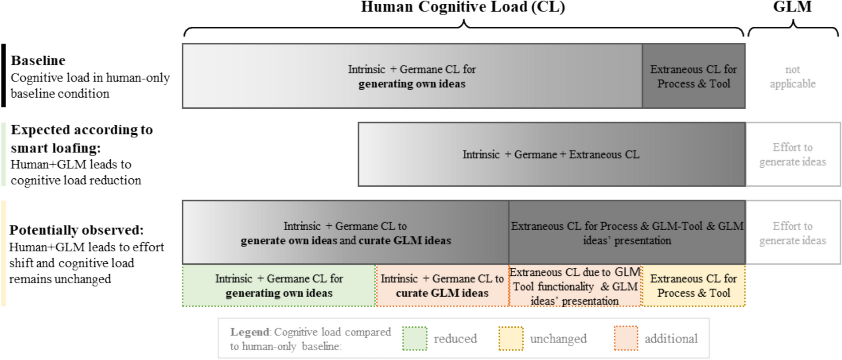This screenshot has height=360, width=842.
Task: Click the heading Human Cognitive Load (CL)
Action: click(x=462, y=7)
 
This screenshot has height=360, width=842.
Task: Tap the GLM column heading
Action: click(x=792, y=7)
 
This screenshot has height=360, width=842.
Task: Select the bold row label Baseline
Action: click(x=38, y=61)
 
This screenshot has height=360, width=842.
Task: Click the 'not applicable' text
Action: click(x=793, y=77)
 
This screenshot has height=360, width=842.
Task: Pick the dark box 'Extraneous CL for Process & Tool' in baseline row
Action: click(x=694, y=76)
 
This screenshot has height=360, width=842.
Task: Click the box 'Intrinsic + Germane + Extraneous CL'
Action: click(x=551, y=155)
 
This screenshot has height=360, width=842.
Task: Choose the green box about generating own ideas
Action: click(x=279, y=286)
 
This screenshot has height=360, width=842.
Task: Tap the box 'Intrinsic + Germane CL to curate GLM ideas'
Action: click(x=442, y=286)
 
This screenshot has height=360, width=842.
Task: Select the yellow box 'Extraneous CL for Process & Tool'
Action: click(x=694, y=286)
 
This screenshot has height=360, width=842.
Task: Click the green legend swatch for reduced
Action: click(x=414, y=338)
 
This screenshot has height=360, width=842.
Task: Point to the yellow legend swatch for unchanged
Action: click(x=511, y=338)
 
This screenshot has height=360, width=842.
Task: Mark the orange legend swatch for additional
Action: click(x=626, y=338)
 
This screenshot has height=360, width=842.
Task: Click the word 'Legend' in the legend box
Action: click(x=250, y=332)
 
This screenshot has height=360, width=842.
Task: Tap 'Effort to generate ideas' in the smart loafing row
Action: click(x=793, y=155)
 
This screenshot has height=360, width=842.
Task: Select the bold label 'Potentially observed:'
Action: click(x=76, y=230)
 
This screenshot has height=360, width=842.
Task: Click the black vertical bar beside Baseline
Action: click(x=4, y=75)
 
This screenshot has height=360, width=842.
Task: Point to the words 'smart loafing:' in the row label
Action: click(x=56, y=148)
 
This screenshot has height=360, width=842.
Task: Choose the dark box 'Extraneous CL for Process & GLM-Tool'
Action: click(x=627, y=233)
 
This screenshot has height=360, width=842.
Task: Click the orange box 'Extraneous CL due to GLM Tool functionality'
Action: click(x=575, y=286)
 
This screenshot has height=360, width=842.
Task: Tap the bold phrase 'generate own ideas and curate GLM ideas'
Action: click(x=346, y=241)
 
